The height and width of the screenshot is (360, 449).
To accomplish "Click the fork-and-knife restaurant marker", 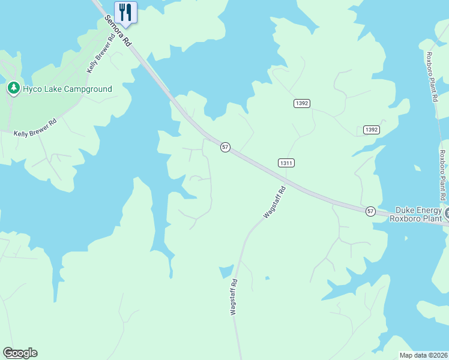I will point(125,12).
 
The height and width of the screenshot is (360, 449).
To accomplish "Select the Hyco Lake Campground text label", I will point(67,89).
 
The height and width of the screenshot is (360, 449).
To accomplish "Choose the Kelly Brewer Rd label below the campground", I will point(35,126).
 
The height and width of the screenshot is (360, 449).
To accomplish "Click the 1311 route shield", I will point(286,163).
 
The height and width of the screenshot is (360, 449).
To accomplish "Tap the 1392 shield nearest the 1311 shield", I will point(302,104).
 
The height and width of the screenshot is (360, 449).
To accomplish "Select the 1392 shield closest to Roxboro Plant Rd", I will point(372,130).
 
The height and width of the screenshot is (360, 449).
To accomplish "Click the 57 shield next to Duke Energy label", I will point(370,211).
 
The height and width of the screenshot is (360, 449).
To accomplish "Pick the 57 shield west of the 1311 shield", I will point(224,147).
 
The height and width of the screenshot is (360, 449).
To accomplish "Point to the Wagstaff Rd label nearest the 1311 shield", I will point(274,202).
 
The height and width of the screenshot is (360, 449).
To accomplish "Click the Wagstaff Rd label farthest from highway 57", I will point(234,297).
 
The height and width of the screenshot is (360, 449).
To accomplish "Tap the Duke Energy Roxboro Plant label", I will point(418,214).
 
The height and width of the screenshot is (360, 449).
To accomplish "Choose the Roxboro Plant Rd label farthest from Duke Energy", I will point(430,78).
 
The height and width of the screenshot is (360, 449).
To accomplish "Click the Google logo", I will point(20,353).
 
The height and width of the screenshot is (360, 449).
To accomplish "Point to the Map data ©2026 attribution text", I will point(423,355).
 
